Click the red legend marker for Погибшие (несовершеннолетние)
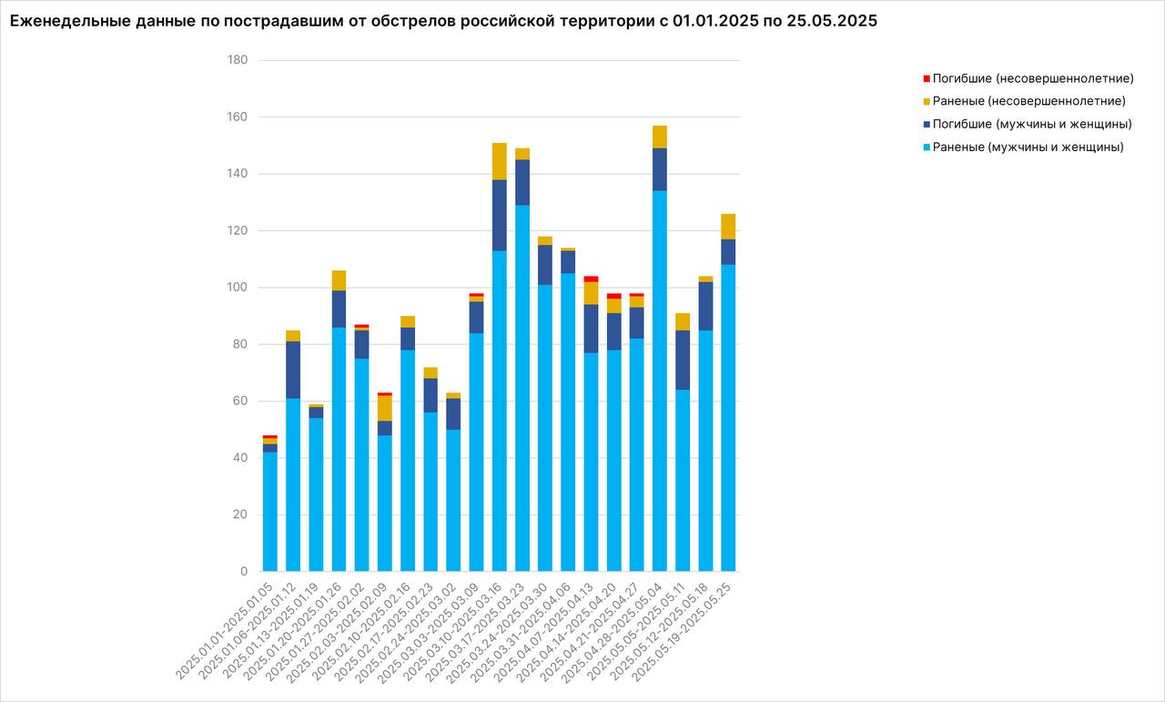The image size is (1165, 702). coord(927,78)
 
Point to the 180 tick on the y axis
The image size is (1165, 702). coord(238,60)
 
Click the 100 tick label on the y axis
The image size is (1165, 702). coord(238,288)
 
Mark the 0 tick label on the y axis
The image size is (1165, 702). coord(244,572)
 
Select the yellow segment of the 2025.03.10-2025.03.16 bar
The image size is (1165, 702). coord(500,161)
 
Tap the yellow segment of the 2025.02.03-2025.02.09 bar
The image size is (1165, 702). coord(385,408)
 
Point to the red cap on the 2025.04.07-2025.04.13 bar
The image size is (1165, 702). coord(592,279)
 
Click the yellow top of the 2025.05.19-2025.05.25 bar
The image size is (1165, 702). coord(729,227)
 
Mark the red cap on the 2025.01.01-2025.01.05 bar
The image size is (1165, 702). coord(270,437)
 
